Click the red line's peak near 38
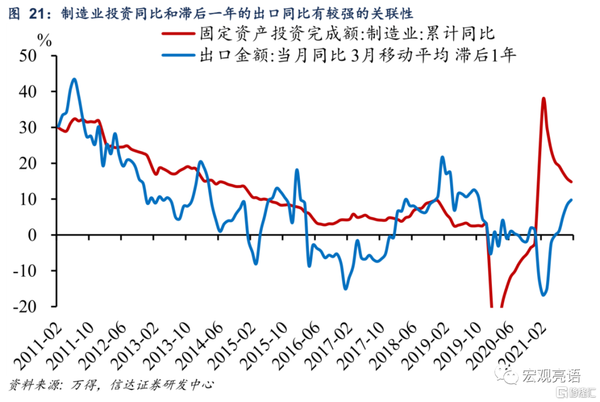point(543,98)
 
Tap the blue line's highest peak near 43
point(74,79)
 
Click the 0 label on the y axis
point(47,235)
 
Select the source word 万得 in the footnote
point(84,385)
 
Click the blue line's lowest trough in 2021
point(543,295)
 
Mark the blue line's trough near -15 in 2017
point(345,289)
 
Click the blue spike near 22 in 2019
point(442,157)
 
